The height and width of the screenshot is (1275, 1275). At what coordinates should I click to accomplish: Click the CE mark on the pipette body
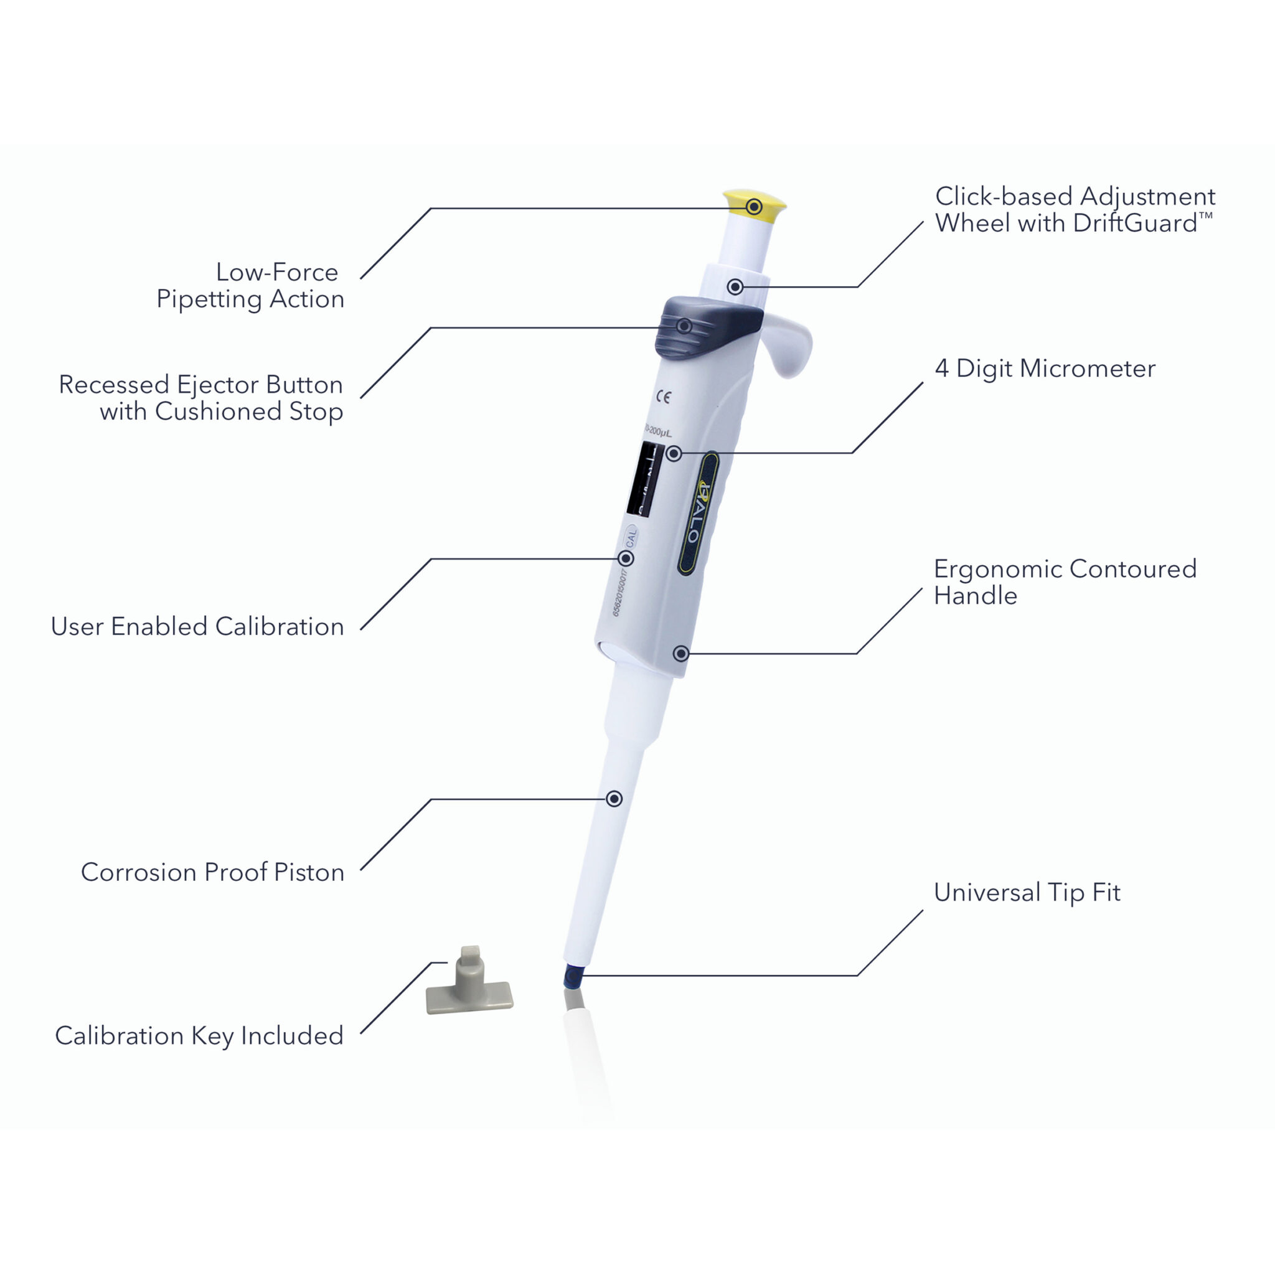663,397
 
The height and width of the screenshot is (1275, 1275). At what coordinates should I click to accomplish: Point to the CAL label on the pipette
631,537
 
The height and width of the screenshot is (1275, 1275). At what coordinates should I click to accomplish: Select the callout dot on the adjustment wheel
735,287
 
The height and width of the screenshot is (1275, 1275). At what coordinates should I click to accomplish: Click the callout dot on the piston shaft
614,799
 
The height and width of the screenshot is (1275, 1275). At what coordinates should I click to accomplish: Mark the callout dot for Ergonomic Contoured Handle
680,653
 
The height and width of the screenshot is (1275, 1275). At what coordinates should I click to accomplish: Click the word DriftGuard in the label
1134,223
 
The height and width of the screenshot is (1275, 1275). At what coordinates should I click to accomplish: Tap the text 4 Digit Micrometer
1045,369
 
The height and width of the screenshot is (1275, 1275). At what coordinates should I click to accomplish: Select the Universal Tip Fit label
1027,892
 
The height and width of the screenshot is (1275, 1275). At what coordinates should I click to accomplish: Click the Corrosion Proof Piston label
212,872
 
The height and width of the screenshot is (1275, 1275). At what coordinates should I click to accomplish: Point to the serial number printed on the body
618,592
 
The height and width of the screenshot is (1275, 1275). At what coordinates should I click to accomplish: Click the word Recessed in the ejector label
113,384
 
